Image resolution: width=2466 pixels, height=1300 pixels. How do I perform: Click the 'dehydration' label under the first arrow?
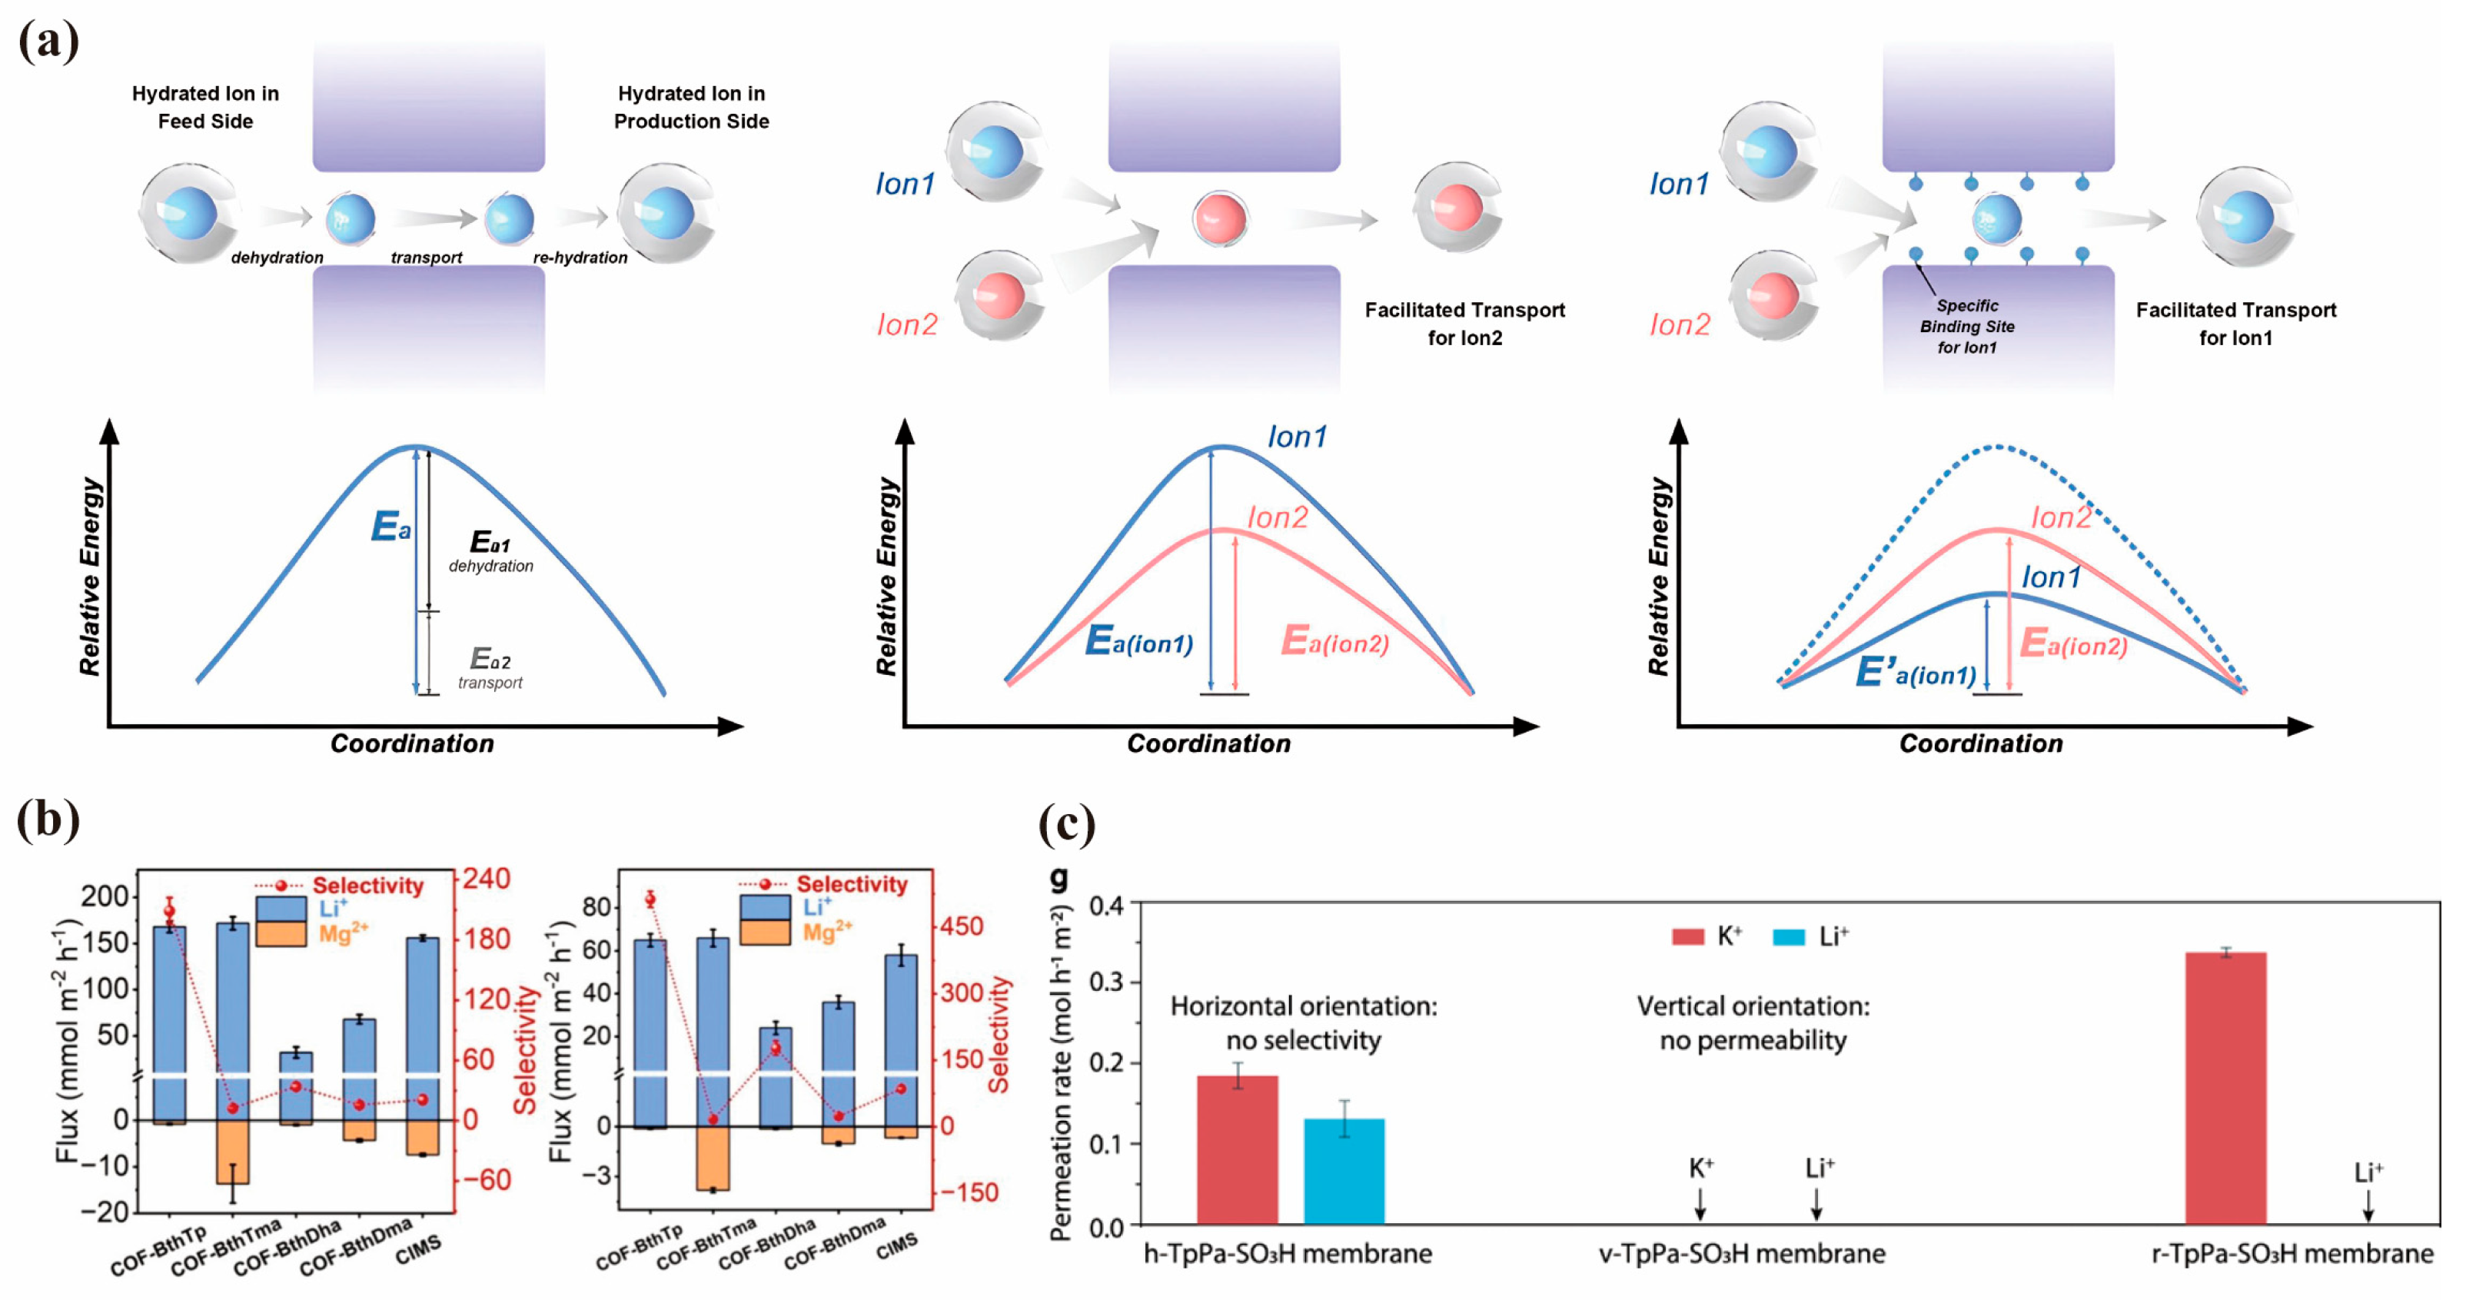[277, 258]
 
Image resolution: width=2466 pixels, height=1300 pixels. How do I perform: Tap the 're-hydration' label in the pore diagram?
[580, 258]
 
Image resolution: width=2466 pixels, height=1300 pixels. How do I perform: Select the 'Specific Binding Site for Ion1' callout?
[1967, 327]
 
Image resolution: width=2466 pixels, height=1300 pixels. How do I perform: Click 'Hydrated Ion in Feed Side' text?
[205, 107]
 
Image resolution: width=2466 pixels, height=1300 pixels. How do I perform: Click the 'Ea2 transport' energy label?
[490, 668]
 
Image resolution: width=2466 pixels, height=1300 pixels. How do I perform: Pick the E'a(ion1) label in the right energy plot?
[1916, 673]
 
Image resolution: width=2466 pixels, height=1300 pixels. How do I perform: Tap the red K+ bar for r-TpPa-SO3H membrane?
[2225, 1089]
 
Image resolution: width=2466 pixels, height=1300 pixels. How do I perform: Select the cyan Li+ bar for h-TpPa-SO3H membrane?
[1344, 1171]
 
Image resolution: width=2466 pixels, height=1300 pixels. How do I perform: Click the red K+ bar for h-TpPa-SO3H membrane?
[1237, 1150]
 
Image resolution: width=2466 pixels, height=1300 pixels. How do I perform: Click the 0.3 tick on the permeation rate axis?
[1108, 983]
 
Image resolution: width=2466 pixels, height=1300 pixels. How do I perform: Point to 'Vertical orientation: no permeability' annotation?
[1753, 1023]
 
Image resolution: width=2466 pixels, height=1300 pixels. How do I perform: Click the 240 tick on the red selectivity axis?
[487, 879]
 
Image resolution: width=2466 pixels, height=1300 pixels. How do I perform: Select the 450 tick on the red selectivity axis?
[961, 926]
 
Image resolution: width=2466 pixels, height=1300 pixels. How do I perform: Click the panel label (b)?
[48, 820]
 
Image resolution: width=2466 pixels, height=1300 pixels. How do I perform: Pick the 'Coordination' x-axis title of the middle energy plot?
[1208, 744]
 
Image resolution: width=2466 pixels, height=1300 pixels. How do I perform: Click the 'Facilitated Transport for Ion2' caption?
[1464, 324]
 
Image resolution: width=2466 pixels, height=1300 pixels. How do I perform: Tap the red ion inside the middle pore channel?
[1220, 218]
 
